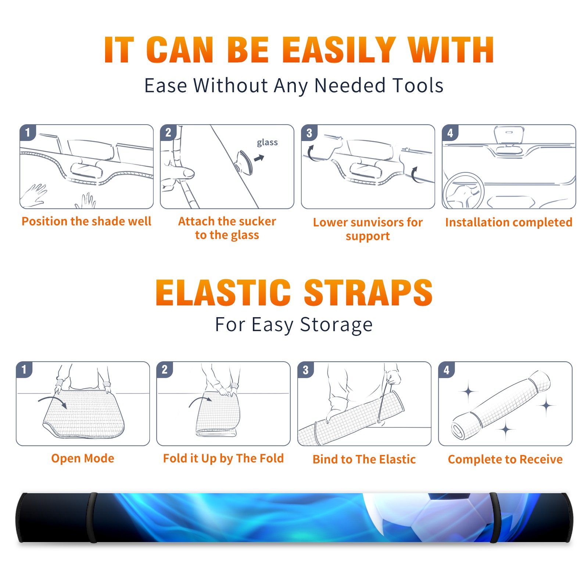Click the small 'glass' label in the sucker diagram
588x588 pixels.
267,143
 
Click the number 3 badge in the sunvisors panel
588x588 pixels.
309,133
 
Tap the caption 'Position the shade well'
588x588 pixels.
86,221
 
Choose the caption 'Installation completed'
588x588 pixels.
509,222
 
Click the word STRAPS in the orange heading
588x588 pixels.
368,293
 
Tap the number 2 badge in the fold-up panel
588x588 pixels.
165,369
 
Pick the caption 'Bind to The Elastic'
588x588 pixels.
364,459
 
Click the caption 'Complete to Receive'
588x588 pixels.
505,459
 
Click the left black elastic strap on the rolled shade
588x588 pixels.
92,517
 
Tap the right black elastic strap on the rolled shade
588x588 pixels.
494,517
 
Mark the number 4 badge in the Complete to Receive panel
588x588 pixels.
447,369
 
